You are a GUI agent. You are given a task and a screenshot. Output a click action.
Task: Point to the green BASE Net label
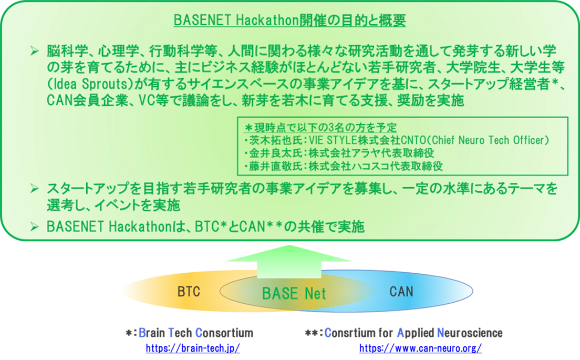[x=294, y=293]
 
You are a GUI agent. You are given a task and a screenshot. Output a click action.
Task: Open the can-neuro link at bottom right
[x=420, y=348]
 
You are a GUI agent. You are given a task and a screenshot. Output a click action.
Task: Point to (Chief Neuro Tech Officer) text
[x=478, y=140]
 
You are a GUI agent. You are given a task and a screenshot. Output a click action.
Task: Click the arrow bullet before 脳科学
[x=35, y=51]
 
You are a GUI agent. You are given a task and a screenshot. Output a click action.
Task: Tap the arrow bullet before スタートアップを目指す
[x=35, y=188]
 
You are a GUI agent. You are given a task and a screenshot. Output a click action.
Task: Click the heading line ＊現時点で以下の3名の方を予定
[x=320, y=128]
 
